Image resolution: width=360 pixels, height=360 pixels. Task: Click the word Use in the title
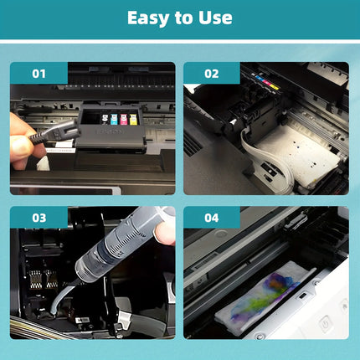click(213, 18)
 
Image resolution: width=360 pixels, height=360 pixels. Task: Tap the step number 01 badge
click(39, 74)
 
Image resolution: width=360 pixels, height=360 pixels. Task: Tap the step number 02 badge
click(211, 74)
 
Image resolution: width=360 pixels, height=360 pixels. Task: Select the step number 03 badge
click(39, 218)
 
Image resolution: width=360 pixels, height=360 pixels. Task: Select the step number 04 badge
click(211, 218)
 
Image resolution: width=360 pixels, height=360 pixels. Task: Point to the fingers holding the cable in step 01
click(18, 138)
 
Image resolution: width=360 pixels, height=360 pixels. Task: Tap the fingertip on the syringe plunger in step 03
click(167, 226)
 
